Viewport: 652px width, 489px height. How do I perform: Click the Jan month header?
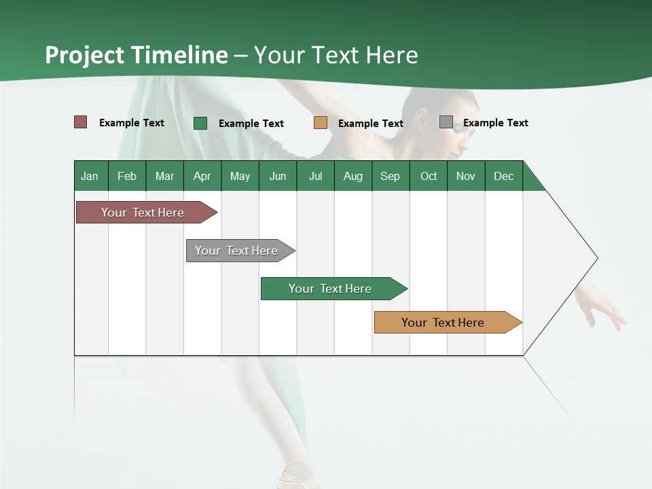pos(90,176)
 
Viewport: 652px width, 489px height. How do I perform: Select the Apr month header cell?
pos(202,176)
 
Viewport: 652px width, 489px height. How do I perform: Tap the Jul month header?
pos(315,176)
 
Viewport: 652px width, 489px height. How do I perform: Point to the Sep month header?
pos(391,176)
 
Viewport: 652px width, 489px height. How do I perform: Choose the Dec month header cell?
pos(503,176)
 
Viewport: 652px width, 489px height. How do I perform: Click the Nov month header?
pos(466,176)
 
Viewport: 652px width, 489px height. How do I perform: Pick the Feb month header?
pos(127,176)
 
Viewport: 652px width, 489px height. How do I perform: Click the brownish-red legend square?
pos(81,122)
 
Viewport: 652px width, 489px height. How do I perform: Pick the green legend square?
pos(200,123)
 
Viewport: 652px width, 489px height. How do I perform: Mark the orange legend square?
pos(321,123)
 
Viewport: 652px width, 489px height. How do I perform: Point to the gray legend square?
pos(446,122)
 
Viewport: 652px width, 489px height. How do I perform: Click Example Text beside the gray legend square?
pos(495,123)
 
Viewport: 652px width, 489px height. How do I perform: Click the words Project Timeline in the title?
pos(137,55)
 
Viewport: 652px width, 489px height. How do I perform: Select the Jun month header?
pos(278,176)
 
